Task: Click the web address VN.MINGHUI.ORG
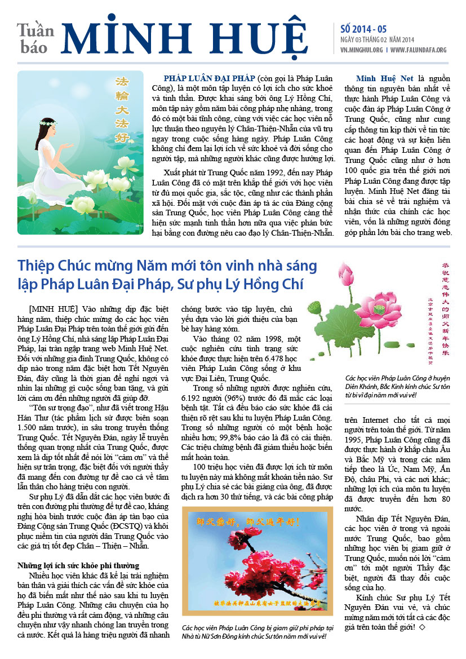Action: click(x=362, y=50)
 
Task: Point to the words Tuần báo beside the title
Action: click(x=35, y=38)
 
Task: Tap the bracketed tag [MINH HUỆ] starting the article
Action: click(x=53, y=309)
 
